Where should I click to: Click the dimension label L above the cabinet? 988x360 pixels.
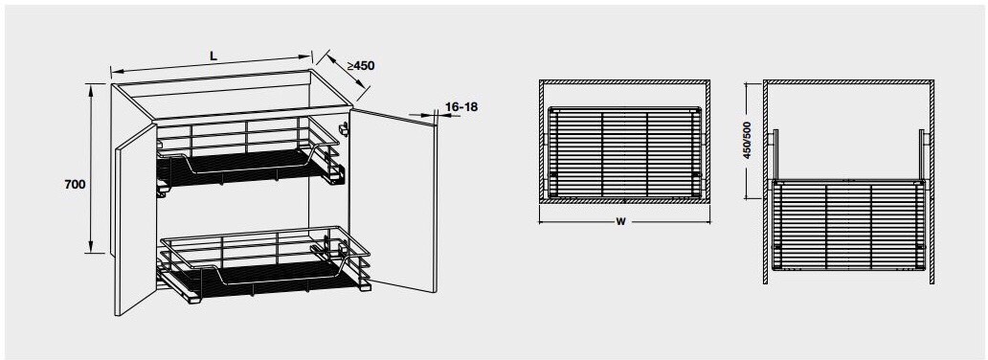pyautogui.click(x=213, y=56)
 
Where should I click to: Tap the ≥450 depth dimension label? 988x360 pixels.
pyautogui.click(x=360, y=66)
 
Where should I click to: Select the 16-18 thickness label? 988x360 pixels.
pyautogui.click(x=460, y=106)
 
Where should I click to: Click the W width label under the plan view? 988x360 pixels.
pyautogui.click(x=620, y=222)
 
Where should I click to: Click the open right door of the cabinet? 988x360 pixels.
pyautogui.click(x=393, y=201)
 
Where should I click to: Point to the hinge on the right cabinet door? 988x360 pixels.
pyautogui.click(x=344, y=127)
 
